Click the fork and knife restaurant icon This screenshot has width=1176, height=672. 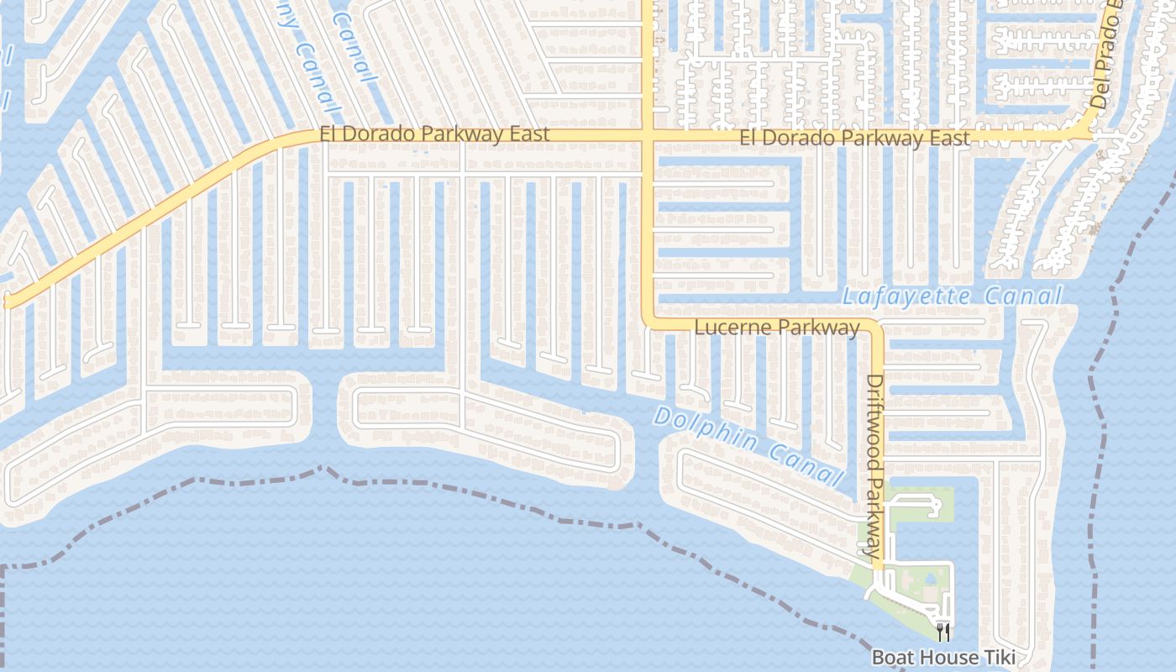click(943, 630)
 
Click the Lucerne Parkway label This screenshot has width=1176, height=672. click(777, 327)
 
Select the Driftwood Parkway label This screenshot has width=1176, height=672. click(874, 466)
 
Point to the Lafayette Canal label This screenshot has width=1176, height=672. click(952, 297)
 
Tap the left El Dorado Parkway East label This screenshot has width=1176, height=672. click(434, 134)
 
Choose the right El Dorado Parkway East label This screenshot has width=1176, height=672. click(854, 137)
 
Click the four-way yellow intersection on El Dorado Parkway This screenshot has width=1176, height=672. click(648, 135)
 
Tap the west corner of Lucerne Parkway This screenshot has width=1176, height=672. click(649, 320)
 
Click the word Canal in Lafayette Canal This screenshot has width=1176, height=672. click(1023, 296)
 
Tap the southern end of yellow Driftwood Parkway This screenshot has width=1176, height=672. click(878, 568)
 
